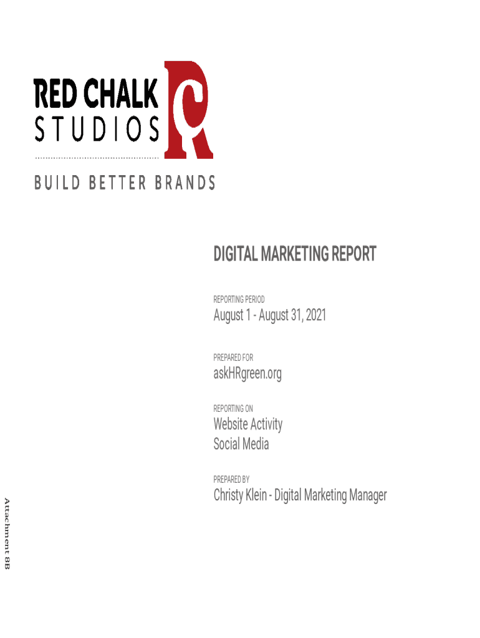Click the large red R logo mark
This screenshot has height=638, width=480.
(189, 110)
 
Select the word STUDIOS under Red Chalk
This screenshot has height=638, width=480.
(97, 130)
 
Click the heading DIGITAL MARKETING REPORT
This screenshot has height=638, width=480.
(295, 254)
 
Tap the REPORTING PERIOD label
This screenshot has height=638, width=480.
(239, 300)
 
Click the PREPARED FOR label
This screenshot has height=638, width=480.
(233, 358)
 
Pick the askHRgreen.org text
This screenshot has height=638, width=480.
(247, 374)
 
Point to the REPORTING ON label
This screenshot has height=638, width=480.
(233, 409)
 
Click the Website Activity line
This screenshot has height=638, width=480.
(247, 424)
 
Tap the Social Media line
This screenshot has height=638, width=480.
(241, 444)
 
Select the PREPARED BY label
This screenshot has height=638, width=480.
(231, 480)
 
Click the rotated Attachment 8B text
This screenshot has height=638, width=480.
(7, 533)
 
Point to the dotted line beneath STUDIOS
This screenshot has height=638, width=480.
(97, 156)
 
